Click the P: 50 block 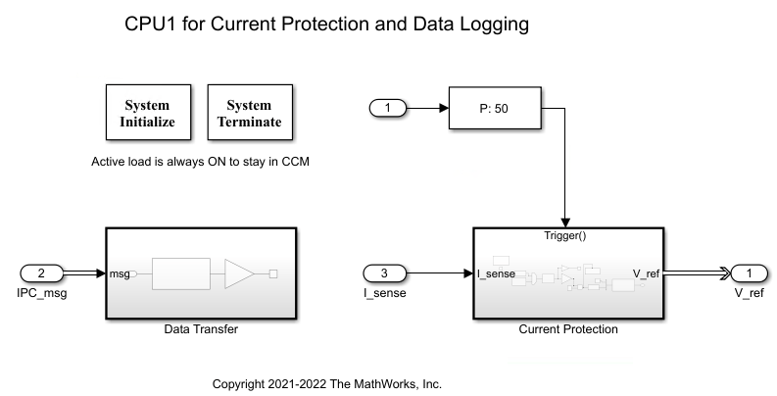click(494, 107)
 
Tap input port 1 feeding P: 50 click(388, 107)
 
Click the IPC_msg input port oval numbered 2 click(41, 273)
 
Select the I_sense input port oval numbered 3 click(384, 273)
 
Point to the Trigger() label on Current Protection click(568, 236)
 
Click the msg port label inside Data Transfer click(120, 273)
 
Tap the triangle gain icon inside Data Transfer click(239, 273)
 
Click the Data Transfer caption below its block click(200, 329)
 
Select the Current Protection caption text click(567, 329)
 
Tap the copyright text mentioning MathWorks click(333, 384)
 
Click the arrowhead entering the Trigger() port click(567, 222)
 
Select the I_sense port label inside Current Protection click(496, 273)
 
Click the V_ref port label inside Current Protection click(646, 273)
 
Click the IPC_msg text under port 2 click(40, 292)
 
